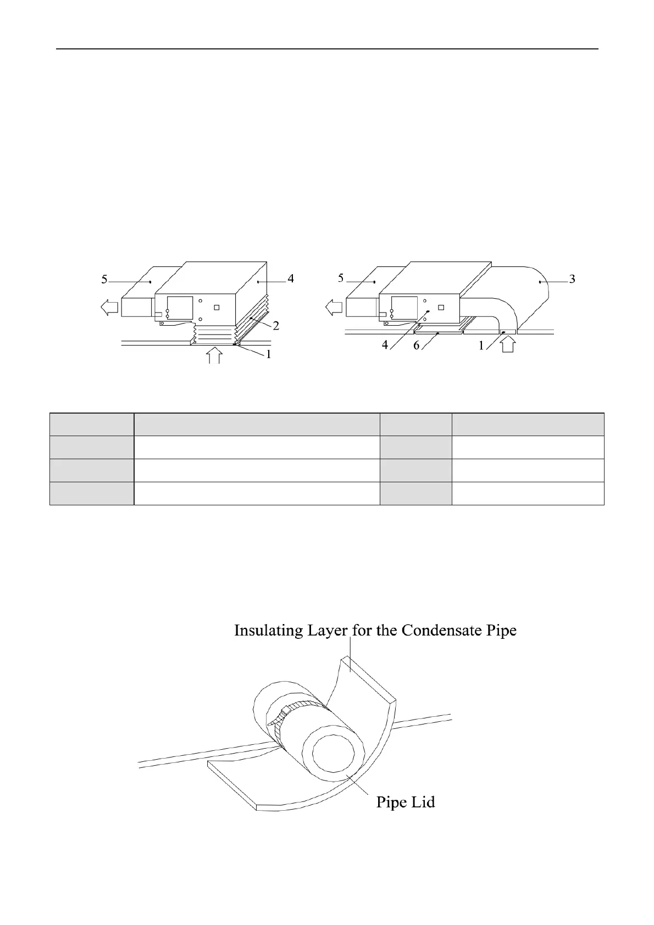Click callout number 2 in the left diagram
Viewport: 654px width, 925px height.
(x=276, y=326)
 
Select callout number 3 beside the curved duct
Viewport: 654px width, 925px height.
(x=572, y=279)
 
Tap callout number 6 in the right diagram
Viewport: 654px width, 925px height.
(x=417, y=346)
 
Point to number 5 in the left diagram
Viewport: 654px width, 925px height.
(x=104, y=280)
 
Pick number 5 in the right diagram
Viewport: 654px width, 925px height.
(x=341, y=278)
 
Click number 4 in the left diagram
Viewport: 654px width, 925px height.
(x=291, y=279)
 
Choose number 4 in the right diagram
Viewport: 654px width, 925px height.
(x=386, y=346)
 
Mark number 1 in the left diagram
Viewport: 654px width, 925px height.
(x=269, y=355)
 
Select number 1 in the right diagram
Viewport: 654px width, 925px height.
(x=481, y=346)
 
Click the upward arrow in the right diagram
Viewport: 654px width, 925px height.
(x=508, y=345)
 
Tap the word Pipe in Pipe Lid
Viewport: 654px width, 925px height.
(x=391, y=803)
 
